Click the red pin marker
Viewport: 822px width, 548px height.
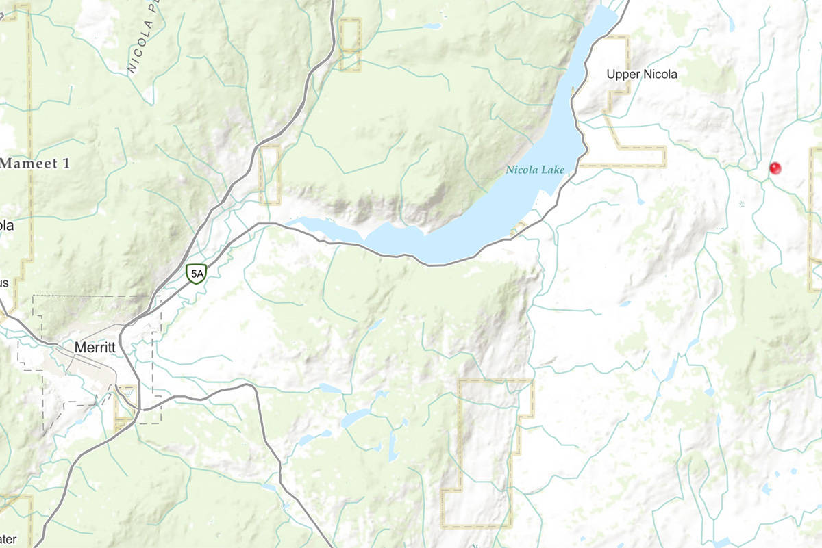775,168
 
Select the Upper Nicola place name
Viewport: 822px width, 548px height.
642,74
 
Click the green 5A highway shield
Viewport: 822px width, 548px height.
197,274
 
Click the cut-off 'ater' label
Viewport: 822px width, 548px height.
7,540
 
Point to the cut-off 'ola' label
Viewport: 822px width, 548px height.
6,225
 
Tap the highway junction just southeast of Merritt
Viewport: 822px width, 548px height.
141,408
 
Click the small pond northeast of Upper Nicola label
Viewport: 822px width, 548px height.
732,27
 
